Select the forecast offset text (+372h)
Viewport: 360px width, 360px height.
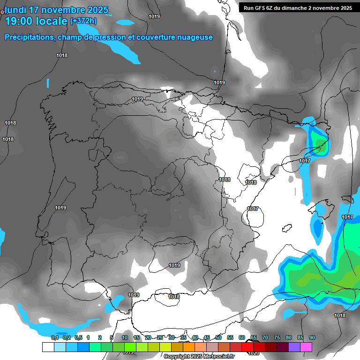(x=83, y=21)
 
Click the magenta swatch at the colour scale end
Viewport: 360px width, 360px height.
(x=306, y=347)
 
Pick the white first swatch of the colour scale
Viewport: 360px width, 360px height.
(x=48, y=347)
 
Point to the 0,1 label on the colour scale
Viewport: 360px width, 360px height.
(x=55, y=337)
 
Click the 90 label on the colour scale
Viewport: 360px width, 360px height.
(x=312, y=337)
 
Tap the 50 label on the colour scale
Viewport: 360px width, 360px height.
(x=218, y=337)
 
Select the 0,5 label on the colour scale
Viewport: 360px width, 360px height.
(x=78, y=337)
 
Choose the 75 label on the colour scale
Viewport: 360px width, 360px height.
(x=277, y=337)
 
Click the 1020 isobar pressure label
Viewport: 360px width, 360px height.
(x=253, y=353)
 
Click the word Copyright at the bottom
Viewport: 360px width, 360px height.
(x=178, y=357)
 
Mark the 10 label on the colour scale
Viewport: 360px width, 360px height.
(x=125, y=337)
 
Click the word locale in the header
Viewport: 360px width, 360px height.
(x=52, y=21)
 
